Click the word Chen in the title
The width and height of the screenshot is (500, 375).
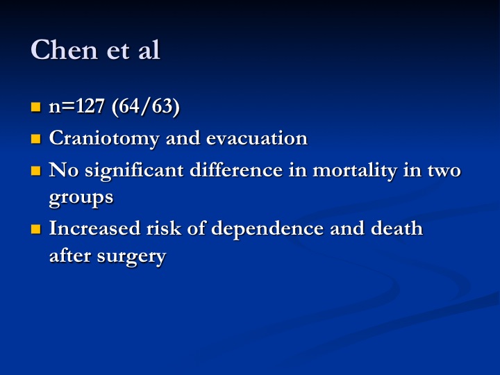[x=64, y=50]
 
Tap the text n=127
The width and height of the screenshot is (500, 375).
[x=76, y=106]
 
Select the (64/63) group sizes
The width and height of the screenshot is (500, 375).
[x=146, y=106]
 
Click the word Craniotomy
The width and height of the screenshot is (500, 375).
[x=103, y=139]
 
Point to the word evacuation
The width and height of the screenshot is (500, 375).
[x=257, y=138]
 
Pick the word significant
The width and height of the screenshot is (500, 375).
[x=134, y=171]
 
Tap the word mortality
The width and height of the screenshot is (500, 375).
[x=355, y=171]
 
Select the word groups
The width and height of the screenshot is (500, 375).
[x=81, y=199]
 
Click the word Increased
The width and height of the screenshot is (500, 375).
[x=94, y=228]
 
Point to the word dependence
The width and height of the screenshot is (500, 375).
[x=267, y=229]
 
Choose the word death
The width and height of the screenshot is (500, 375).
[x=397, y=228]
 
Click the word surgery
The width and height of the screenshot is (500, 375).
[x=131, y=257]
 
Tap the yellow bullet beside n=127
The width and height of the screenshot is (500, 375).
[x=36, y=107]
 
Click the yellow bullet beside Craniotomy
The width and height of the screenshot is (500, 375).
[x=36, y=139]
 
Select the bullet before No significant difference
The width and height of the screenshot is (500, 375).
[x=36, y=171]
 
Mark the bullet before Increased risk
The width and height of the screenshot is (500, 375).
[x=36, y=229]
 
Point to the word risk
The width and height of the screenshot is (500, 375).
[x=164, y=228]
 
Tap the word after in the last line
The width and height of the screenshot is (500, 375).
[x=70, y=256]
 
